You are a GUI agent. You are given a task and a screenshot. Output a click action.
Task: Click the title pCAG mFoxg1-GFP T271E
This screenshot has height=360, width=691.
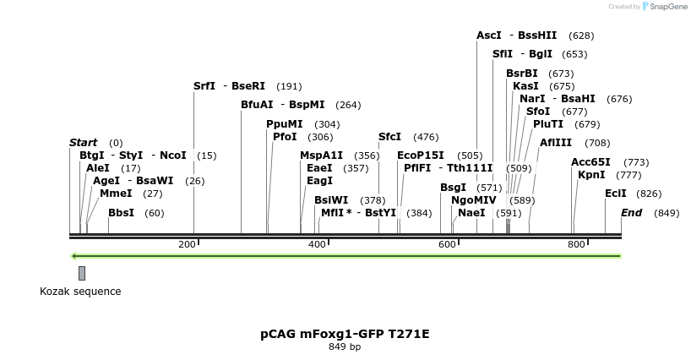click(x=345, y=334)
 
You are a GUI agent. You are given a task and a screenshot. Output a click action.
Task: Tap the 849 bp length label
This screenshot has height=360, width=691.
click(x=345, y=346)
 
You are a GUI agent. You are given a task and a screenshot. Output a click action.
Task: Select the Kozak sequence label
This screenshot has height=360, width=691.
click(x=80, y=292)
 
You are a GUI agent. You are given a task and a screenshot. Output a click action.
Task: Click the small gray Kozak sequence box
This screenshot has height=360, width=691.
click(x=82, y=273)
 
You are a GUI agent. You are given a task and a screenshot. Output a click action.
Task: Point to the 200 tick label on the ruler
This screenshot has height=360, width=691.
click(x=187, y=244)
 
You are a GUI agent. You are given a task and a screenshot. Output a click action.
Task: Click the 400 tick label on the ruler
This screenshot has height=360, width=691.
click(x=317, y=244)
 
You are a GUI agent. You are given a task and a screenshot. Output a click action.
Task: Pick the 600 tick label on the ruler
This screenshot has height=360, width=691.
click(x=447, y=244)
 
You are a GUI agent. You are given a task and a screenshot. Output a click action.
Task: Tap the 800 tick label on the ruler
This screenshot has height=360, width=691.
click(x=576, y=244)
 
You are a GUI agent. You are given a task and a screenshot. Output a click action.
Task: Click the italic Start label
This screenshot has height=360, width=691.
click(x=83, y=143)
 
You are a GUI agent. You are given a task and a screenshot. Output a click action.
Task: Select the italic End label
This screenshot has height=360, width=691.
click(x=631, y=213)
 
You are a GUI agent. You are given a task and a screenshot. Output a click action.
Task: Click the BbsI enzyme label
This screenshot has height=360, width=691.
click(x=121, y=213)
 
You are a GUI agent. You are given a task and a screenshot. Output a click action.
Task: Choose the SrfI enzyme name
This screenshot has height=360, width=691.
click(x=204, y=86)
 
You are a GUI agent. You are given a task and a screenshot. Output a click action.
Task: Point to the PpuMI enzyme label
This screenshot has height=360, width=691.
click(x=284, y=124)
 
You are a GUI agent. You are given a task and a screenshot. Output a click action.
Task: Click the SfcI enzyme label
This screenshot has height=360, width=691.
click(x=389, y=137)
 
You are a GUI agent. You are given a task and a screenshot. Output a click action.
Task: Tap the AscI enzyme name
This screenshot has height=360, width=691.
click(x=488, y=35)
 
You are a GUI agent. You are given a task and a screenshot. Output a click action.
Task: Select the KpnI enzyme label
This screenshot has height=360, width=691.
click(x=591, y=175)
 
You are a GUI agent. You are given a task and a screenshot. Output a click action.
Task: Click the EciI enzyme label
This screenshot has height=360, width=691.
click(x=615, y=194)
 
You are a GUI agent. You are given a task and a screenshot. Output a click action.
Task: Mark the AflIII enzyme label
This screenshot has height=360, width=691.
click(x=555, y=143)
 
